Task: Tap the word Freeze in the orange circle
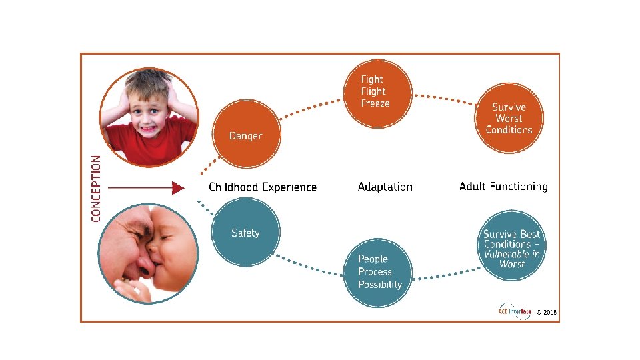[375, 103]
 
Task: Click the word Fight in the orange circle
[372, 79]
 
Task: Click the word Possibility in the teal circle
[380, 285]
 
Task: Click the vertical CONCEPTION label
[97, 189]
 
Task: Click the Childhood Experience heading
[263, 187]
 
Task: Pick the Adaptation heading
[385, 187]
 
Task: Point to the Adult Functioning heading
[503, 187]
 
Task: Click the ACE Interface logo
[515, 311]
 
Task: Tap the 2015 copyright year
[550, 312]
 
